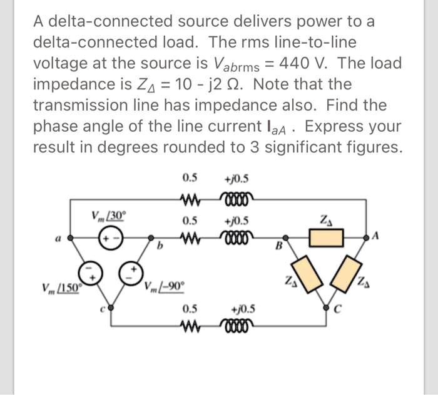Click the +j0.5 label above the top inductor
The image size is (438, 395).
point(240,182)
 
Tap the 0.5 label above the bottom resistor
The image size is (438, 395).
point(190,309)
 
